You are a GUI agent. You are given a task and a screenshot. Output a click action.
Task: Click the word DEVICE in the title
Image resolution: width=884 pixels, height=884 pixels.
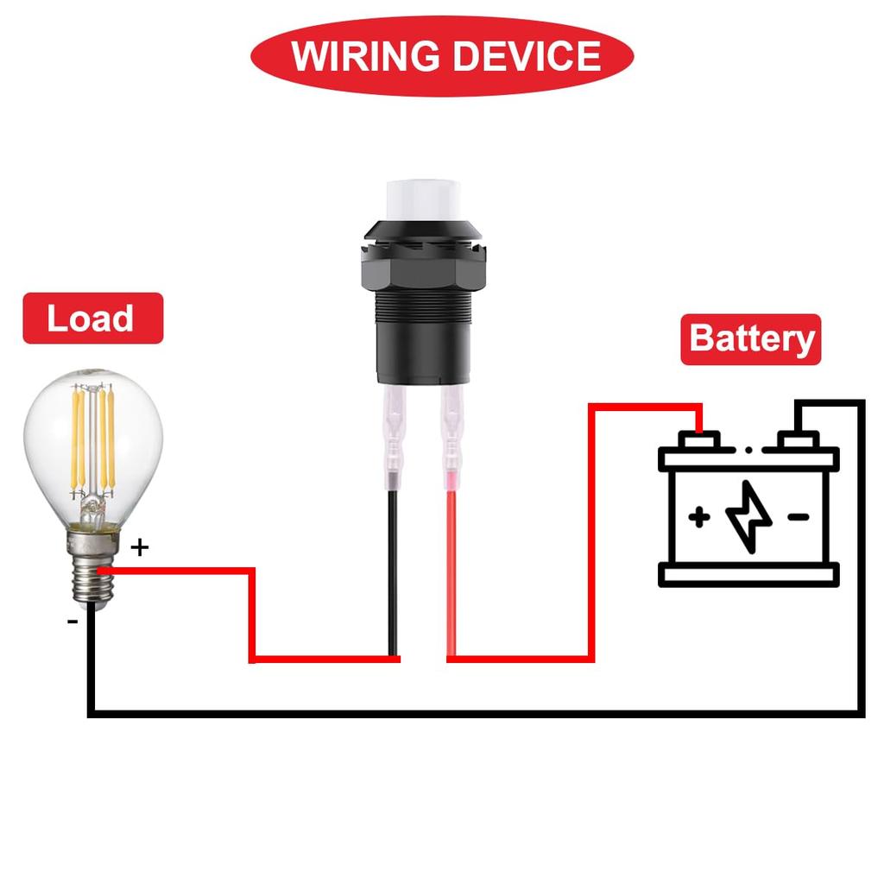pos(527,56)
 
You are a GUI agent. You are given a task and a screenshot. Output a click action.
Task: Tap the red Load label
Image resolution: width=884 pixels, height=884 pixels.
pos(92,319)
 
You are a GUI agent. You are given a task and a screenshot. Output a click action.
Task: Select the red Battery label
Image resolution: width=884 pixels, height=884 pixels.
pos(751,338)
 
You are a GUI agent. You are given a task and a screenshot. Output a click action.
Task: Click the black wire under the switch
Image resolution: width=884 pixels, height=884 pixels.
pos(393,570)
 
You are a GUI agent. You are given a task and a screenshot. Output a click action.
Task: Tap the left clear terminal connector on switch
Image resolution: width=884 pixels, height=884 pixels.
pos(393,436)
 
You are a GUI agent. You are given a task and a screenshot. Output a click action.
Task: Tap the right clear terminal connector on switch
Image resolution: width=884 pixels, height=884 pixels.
pos(452,436)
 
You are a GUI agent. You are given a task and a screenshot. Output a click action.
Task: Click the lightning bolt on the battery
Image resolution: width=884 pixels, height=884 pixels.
pos(748,516)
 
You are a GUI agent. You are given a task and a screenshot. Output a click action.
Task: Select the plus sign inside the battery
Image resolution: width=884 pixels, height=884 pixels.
pos(699,517)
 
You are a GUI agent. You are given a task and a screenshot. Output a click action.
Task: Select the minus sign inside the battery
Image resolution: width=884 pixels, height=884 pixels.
pos(799,517)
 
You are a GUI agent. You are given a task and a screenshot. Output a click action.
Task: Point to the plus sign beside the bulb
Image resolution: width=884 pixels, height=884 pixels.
pos(141,546)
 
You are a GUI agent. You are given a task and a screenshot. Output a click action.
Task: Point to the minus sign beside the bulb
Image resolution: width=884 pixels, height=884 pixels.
pos(73,621)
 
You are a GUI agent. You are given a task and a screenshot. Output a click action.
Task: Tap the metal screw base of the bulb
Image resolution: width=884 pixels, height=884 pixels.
pos(89,570)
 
